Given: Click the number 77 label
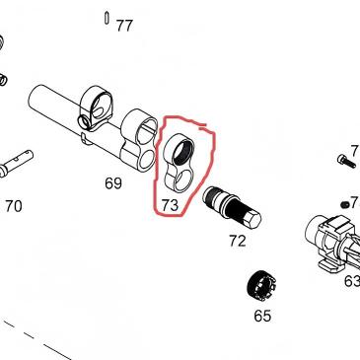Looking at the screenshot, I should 123,26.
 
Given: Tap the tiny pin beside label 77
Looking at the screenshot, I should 105,17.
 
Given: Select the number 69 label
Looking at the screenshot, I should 112,183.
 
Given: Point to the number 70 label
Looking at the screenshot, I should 13,207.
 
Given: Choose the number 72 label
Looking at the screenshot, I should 237,240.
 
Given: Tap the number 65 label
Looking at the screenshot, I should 261,317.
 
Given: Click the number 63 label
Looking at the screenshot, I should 351,280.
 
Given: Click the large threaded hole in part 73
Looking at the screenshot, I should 181,152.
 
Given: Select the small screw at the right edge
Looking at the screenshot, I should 344,158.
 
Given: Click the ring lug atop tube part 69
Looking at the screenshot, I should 96,103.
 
